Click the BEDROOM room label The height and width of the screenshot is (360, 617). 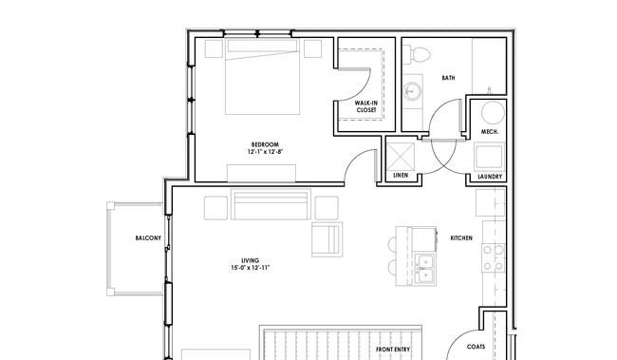(265, 144)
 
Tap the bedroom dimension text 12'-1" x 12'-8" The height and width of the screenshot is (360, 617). (265, 152)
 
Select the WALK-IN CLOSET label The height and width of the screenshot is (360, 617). (366, 106)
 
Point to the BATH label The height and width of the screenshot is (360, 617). (449, 78)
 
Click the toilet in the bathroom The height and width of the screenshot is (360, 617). (418, 54)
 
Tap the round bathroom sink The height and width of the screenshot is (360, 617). (413, 91)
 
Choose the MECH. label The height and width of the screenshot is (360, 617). (490, 131)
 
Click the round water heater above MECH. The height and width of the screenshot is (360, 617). (493, 113)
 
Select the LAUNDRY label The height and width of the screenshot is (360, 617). (490, 177)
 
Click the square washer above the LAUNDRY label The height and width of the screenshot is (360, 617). (490, 157)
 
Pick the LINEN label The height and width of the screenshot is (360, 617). (401, 176)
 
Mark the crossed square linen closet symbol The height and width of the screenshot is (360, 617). (401, 157)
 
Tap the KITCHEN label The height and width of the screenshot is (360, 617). (461, 237)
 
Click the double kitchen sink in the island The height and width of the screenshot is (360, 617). (425, 269)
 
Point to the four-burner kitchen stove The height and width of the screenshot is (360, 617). (494, 257)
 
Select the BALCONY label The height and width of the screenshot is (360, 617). (148, 237)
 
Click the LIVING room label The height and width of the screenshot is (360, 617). (251, 260)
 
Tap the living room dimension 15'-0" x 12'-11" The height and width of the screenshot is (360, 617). (251, 268)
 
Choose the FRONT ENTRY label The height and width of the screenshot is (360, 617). (393, 349)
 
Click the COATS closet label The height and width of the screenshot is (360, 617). (476, 347)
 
